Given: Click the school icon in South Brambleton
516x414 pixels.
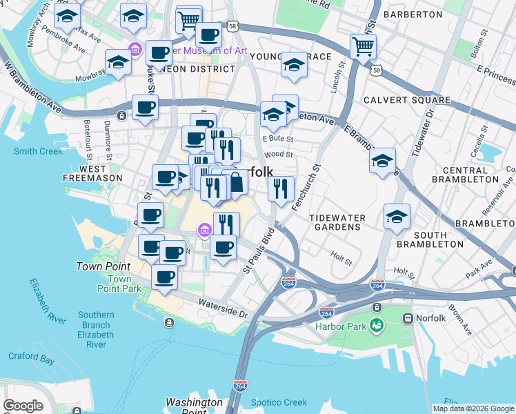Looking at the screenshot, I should [397, 217].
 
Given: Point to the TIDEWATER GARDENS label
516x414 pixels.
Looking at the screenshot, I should [337, 223].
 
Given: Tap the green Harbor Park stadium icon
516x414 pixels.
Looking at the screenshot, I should [376, 325].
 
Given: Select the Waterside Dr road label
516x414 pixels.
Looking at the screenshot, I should [222, 308].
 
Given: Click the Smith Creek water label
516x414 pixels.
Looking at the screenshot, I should [37, 151].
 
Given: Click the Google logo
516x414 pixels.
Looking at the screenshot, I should [23, 405].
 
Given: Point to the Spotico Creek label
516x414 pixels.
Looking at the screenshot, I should [279, 402].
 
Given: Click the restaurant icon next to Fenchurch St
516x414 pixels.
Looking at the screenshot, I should [281, 188].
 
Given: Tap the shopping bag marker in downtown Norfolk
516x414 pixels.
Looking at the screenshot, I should [236, 183].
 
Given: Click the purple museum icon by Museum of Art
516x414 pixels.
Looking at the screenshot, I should [135, 50].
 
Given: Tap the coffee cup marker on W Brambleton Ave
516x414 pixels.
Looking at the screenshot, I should [145, 108].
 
